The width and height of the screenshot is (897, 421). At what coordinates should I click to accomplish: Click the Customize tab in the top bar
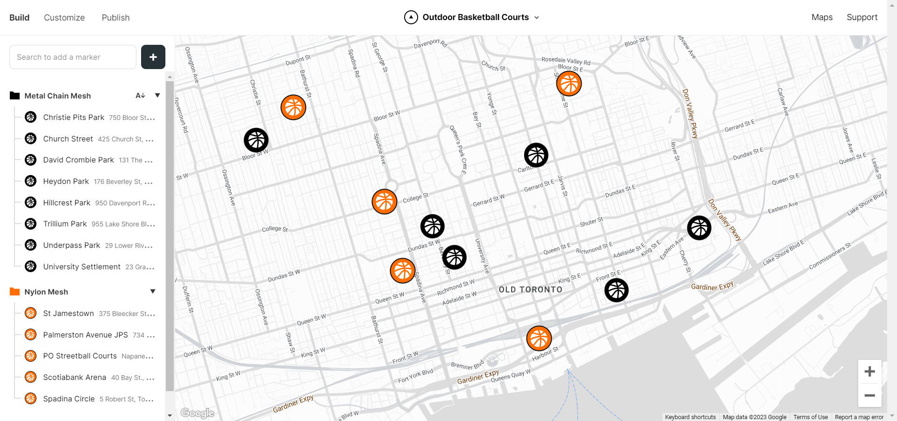pos(64,18)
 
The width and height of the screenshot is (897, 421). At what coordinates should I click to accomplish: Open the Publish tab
pos(115,18)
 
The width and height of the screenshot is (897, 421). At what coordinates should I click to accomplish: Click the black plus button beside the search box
pos(153,57)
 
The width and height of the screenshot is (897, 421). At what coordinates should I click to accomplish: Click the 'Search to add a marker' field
pos(73,57)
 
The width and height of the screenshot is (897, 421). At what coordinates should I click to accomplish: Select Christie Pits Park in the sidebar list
pos(74,118)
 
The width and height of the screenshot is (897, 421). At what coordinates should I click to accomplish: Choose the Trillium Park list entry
pos(65,224)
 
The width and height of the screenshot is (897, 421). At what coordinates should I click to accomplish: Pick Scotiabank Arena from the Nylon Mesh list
pos(75,377)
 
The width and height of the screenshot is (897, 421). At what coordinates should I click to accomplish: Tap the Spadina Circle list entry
pos(69,399)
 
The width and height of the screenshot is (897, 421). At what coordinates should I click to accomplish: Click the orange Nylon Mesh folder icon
pos(15,292)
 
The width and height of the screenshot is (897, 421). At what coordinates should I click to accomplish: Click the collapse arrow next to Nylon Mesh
pos(153,292)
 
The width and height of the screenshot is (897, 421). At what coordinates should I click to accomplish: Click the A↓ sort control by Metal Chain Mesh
pos(140,96)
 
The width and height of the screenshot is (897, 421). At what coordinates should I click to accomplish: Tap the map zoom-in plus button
pos(869,372)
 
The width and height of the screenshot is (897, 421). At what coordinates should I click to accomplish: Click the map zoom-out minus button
pos(869,395)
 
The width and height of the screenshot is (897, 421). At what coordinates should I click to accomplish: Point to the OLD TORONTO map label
pos(530,290)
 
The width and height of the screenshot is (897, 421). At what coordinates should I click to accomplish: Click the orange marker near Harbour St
pos(539,338)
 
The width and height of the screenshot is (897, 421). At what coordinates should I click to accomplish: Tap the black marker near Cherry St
pos(699,228)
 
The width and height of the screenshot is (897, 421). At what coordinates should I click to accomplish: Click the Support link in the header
pos(862,18)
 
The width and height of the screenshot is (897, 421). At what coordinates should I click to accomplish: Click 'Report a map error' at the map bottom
pos(859,417)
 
